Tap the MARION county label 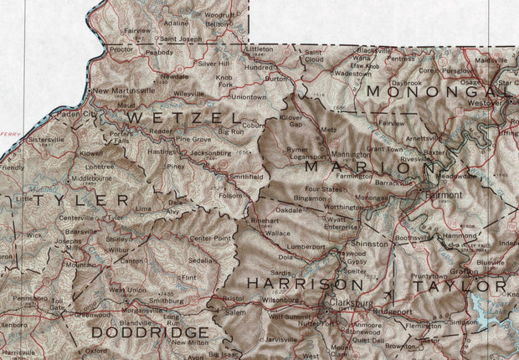pos(358,167)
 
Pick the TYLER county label pos(71,201)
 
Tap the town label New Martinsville pos(123,90)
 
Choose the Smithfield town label pos(246,177)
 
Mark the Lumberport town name pos(306,247)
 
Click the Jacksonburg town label pos(209,154)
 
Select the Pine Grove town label pos(193,139)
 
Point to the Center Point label pos(211,239)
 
